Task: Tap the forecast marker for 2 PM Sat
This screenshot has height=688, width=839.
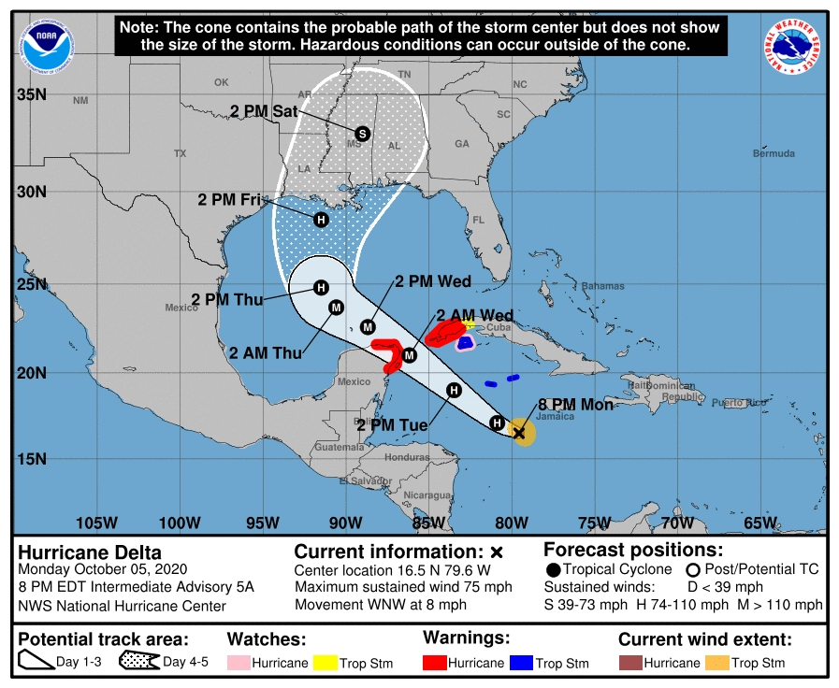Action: [363, 134]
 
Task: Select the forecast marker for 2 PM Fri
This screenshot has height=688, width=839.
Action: [321, 220]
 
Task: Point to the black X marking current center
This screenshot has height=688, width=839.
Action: [519, 433]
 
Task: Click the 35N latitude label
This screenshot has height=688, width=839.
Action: [32, 94]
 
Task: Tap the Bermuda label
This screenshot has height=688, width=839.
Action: [774, 153]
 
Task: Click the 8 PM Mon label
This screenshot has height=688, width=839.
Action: [575, 406]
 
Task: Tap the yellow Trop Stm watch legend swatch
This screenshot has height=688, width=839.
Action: [325, 663]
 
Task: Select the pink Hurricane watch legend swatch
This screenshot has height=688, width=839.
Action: [239, 663]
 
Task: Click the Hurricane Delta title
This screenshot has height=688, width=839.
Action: [90, 552]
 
